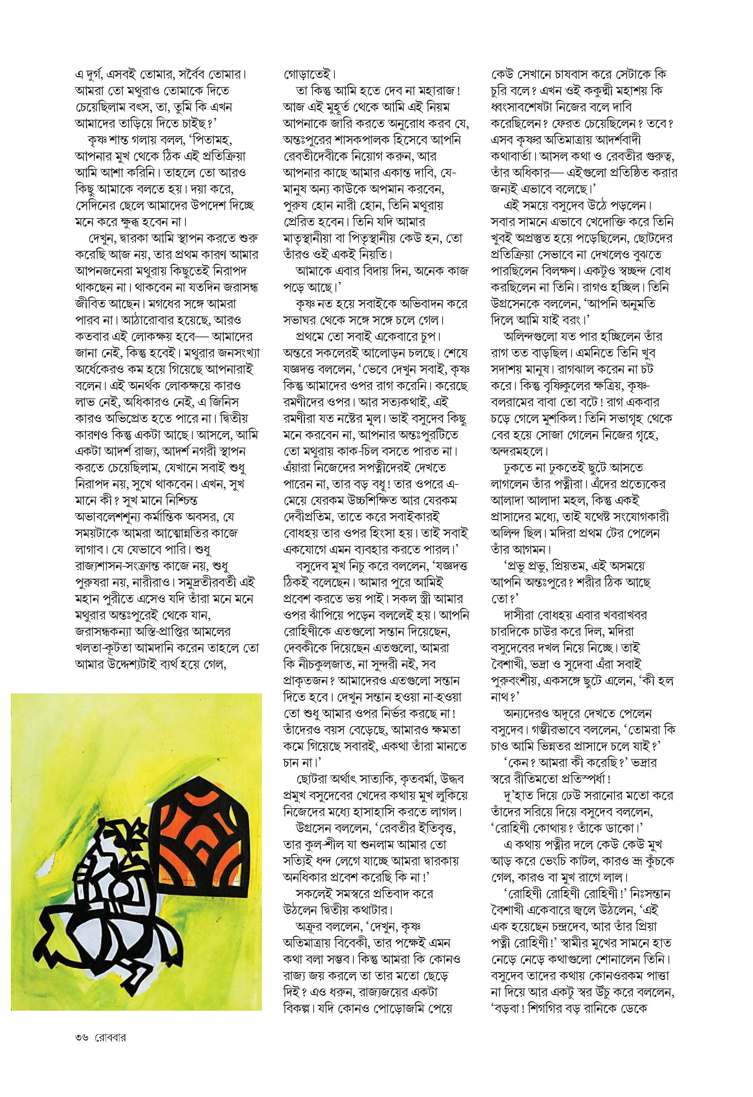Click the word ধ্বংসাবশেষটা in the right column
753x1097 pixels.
(x=528, y=107)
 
